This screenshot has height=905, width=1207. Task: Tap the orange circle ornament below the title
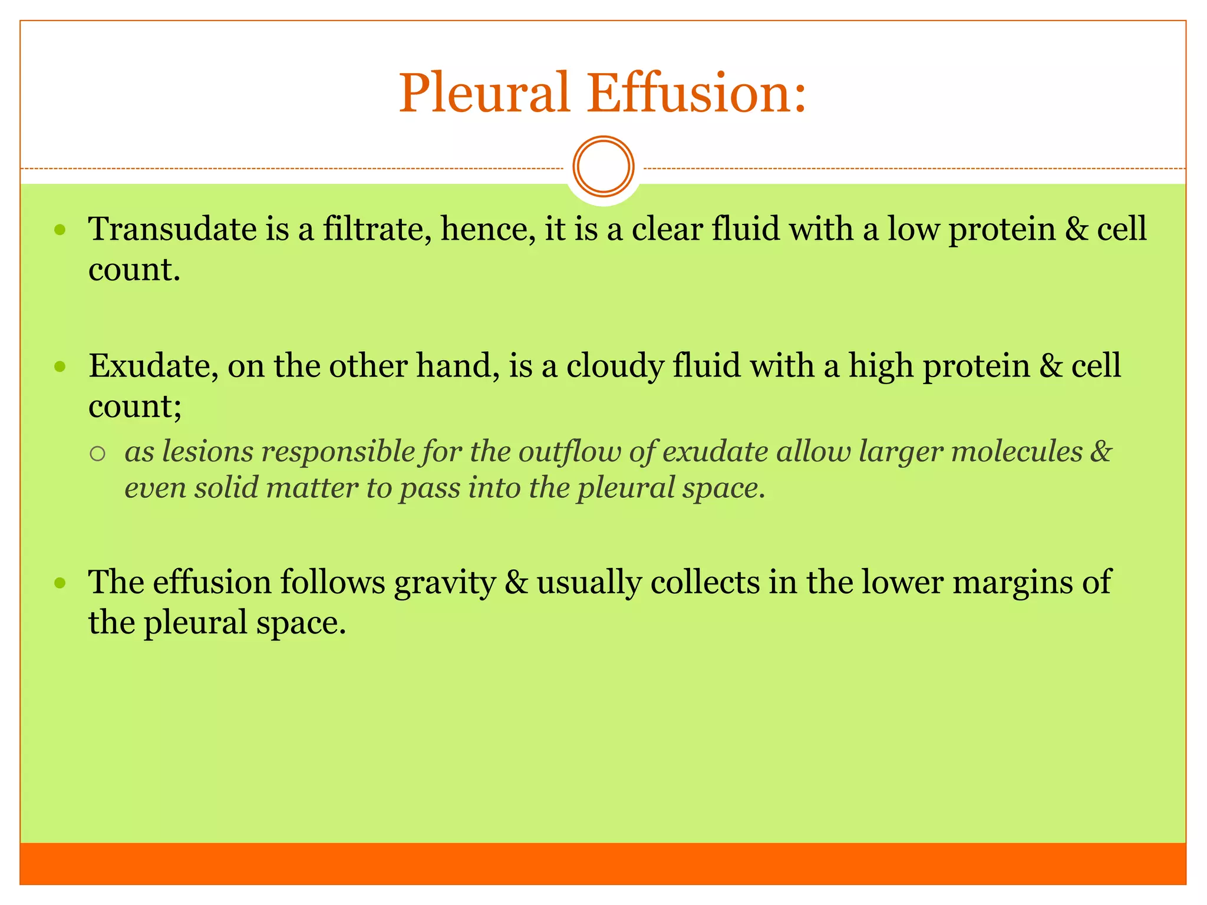click(603, 167)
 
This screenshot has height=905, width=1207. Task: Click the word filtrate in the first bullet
click(373, 229)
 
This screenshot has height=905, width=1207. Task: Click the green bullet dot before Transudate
click(60, 230)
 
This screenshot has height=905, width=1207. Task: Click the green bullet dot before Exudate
click(60, 367)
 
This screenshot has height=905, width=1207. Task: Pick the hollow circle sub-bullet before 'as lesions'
click(97, 453)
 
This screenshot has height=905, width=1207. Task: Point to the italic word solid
click(226, 488)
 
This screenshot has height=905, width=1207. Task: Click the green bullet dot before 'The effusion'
click(60, 584)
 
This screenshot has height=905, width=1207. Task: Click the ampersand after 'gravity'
click(516, 583)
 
